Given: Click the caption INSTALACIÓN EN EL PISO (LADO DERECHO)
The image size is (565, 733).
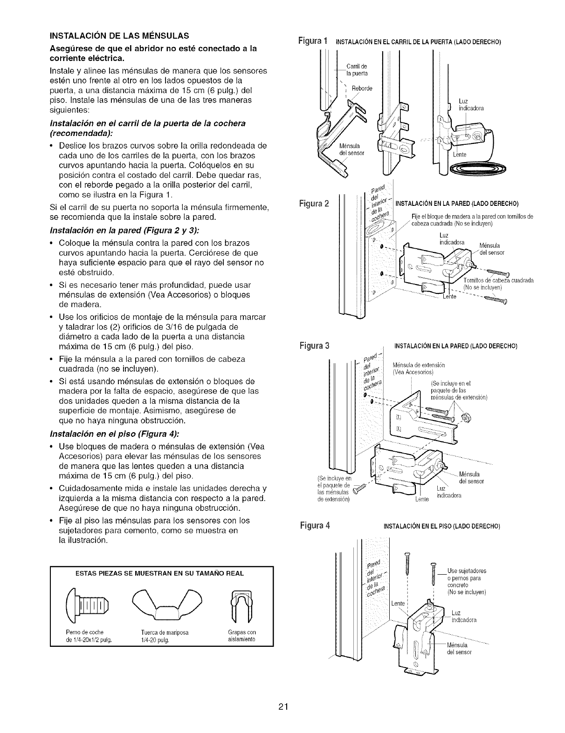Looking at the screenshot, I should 441,527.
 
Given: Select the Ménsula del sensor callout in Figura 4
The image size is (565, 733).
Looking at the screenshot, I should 459,649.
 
